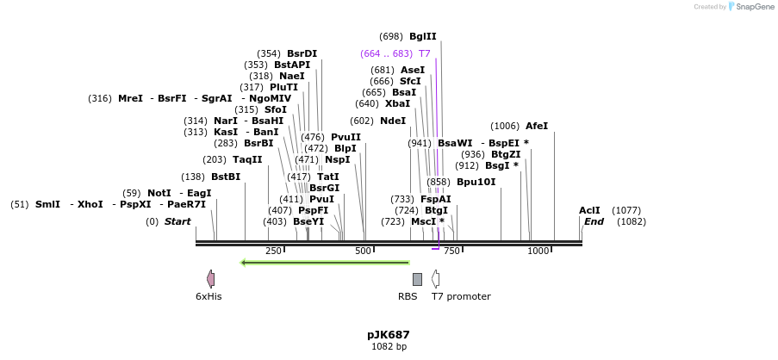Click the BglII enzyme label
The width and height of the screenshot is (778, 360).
422,36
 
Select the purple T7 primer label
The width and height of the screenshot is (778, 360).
424,53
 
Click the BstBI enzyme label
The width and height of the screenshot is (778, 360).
226,177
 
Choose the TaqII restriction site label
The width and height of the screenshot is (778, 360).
247,159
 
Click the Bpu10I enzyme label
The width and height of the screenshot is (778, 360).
476,182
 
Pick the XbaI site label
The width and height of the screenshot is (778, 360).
397,103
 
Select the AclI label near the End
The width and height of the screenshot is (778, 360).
589,210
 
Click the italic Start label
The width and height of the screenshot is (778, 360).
177,221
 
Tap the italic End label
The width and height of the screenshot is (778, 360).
594,221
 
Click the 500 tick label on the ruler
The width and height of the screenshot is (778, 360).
363,251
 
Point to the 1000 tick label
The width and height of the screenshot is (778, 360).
538,251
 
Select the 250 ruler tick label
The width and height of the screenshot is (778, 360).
273,251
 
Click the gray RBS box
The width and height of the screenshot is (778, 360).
417,279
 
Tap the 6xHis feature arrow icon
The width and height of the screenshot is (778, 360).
210,278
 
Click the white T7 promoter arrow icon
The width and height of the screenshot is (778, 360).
436,278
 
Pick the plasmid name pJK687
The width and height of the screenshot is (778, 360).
389,334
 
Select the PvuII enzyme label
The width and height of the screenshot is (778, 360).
345,137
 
